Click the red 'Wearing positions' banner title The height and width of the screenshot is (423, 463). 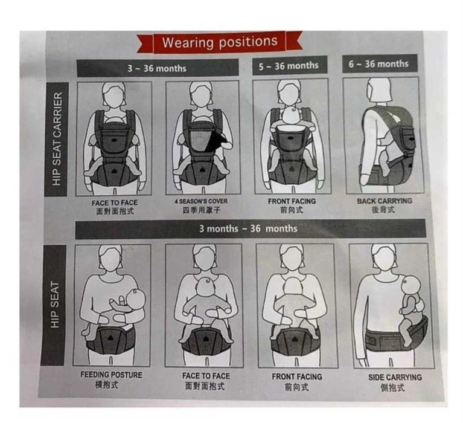(x=220, y=42)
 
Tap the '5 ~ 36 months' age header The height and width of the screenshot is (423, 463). (x=289, y=66)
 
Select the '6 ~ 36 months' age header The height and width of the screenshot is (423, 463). (x=378, y=64)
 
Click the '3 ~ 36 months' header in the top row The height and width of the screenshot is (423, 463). (x=157, y=68)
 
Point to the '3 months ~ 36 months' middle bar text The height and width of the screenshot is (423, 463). (x=248, y=228)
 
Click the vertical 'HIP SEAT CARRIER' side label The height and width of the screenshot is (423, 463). (x=57, y=139)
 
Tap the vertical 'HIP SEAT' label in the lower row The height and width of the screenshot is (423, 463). (x=55, y=305)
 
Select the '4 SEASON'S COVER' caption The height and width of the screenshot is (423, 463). (x=201, y=201)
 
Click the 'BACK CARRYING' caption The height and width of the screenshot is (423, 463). (x=384, y=201)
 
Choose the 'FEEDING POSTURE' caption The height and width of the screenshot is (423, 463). (x=111, y=375)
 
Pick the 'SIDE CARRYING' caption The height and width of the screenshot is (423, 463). (x=395, y=377)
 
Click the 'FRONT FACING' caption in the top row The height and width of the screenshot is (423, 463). (x=292, y=201)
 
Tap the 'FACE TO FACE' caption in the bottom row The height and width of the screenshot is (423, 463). (x=206, y=376)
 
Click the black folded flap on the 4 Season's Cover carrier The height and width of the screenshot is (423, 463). (x=219, y=140)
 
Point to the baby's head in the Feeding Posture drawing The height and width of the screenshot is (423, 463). (x=136, y=299)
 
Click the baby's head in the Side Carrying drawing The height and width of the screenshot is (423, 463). (x=411, y=285)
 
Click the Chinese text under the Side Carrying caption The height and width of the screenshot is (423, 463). (x=393, y=387)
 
